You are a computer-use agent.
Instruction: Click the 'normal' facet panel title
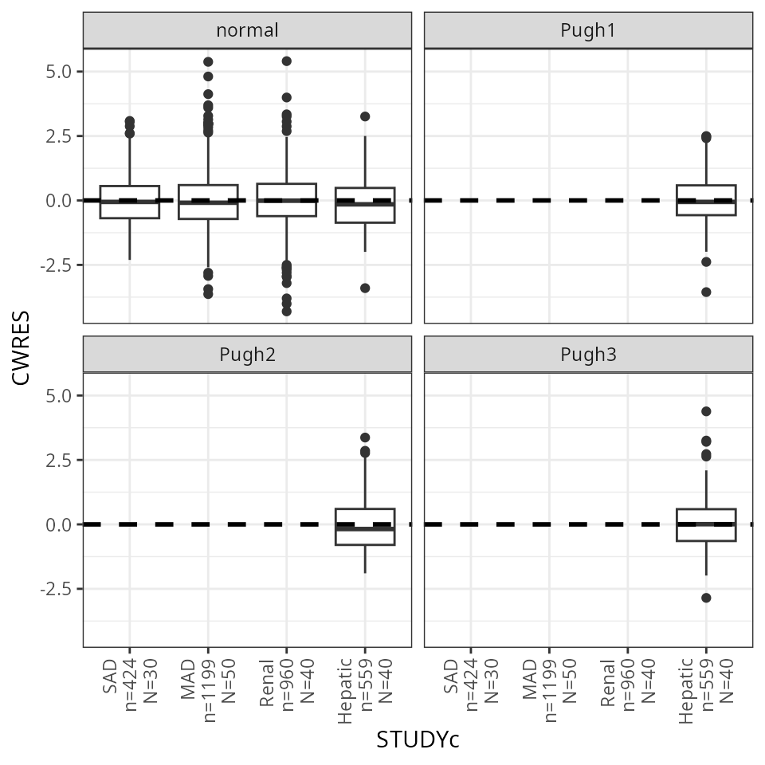(247, 31)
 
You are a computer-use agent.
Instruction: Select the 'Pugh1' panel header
(588, 31)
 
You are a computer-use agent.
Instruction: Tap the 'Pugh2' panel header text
(247, 355)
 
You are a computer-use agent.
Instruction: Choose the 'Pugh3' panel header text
(588, 355)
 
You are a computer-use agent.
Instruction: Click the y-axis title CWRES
(22, 348)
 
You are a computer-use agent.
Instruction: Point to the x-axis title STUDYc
(418, 740)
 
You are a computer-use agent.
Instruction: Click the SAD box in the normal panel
(129, 202)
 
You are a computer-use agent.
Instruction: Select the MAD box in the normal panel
(207, 202)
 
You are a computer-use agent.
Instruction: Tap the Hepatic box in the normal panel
(364, 205)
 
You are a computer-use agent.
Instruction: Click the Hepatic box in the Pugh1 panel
(705, 200)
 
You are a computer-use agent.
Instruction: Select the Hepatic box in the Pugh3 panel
(705, 524)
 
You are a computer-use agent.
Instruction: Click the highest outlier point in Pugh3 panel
(705, 411)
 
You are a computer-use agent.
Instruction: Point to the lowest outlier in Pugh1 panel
(705, 292)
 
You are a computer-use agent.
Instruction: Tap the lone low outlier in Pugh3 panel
(705, 598)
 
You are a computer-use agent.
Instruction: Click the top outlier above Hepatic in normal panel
(364, 116)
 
